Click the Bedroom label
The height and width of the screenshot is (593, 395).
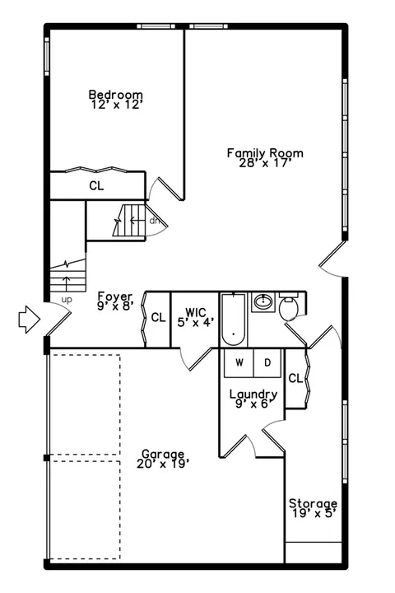tap(116, 94)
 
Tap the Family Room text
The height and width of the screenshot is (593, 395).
tap(265, 153)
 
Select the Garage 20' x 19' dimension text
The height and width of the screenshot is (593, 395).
tap(163, 464)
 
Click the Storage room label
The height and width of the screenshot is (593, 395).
tap(313, 503)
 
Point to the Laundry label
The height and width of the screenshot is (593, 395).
tap(253, 394)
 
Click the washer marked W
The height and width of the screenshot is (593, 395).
tap(239, 363)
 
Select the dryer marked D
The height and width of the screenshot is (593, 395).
tap(267, 363)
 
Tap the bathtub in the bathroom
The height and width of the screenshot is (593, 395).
tap(233, 320)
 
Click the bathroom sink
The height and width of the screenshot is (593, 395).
tap(263, 301)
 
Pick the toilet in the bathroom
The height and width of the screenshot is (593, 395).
tap(288, 306)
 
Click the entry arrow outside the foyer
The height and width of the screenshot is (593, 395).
tap(29, 320)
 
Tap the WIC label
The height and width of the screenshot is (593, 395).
tap(196, 313)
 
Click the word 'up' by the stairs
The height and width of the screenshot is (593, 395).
tap(67, 301)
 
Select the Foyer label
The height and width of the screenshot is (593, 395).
tap(115, 296)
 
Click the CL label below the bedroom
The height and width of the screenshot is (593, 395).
tap(96, 185)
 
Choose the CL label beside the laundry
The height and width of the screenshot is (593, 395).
tap(295, 378)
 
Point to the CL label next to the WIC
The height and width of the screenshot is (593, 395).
tap(158, 317)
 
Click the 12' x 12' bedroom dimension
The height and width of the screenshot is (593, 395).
tap(116, 105)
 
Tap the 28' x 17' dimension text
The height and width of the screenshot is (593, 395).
tap(265, 163)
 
